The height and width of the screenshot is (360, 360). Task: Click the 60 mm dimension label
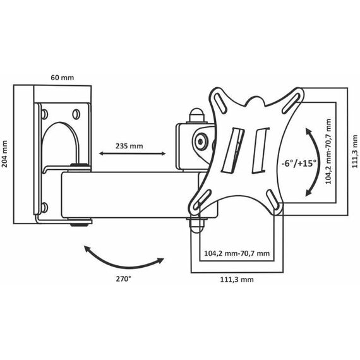click(x=63, y=78)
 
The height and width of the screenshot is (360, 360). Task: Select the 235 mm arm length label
click(x=129, y=146)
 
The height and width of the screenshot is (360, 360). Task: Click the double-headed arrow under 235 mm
click(x=132, y=153)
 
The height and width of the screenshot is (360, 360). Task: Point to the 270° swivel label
click(x=123, y=279)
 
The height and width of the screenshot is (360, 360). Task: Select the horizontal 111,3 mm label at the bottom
click(x=237, y=280)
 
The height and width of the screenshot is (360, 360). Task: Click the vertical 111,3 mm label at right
click(x=355, y=152)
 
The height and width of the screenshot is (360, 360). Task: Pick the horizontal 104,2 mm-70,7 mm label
click(x=237, y=253)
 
